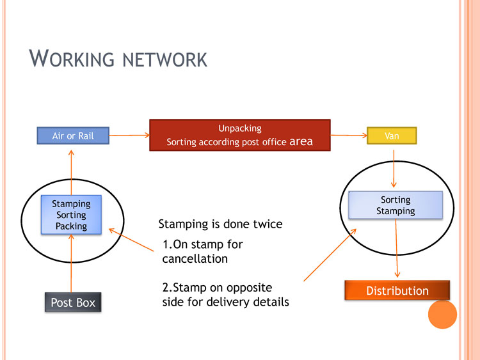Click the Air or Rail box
[72, 136]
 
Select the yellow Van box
[392, 136]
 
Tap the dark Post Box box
[73, 302]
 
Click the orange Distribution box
[397, 290]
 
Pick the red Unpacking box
[239, 135]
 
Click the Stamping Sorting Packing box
[71, 215]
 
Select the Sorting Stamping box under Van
[396, 205]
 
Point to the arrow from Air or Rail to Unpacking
[129, 136]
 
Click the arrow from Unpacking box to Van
[348, 136]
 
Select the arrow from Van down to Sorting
[394, 169]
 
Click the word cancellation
[195, 259]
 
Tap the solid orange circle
[442, 314]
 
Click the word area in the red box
[301, 141]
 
